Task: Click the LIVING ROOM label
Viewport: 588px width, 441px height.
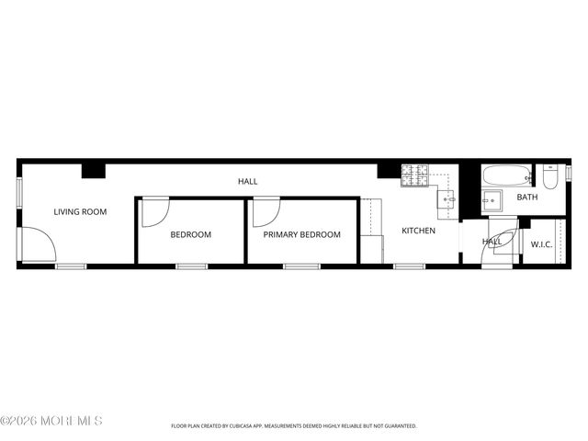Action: [x=80, y=212]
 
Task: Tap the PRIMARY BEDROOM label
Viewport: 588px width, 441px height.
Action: [x=301, y=234]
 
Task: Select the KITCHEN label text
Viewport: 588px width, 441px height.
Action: [x=418, y=231]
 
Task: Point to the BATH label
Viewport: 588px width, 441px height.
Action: [x=526, y=198]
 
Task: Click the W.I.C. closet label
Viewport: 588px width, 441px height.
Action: [x=541, y=243]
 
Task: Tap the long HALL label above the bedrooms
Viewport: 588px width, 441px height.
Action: [x=247, y=182]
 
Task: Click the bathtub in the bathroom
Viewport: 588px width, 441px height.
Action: [x=506, y=175]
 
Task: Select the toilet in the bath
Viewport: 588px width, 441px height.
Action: [x=550, y=176]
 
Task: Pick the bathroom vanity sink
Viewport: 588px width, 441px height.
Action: [x=492, y=201]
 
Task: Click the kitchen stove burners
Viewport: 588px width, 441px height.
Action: [x=415, y=172]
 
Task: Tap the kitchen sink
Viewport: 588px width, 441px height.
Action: [x=447, y=198]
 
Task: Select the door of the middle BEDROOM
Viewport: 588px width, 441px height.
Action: [x=154, y=211]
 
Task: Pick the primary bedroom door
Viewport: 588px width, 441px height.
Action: [x=265, y=212]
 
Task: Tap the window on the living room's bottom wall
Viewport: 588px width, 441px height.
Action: [x=71, y=266]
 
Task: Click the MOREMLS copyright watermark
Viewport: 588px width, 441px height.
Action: [x=51, y=421]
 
